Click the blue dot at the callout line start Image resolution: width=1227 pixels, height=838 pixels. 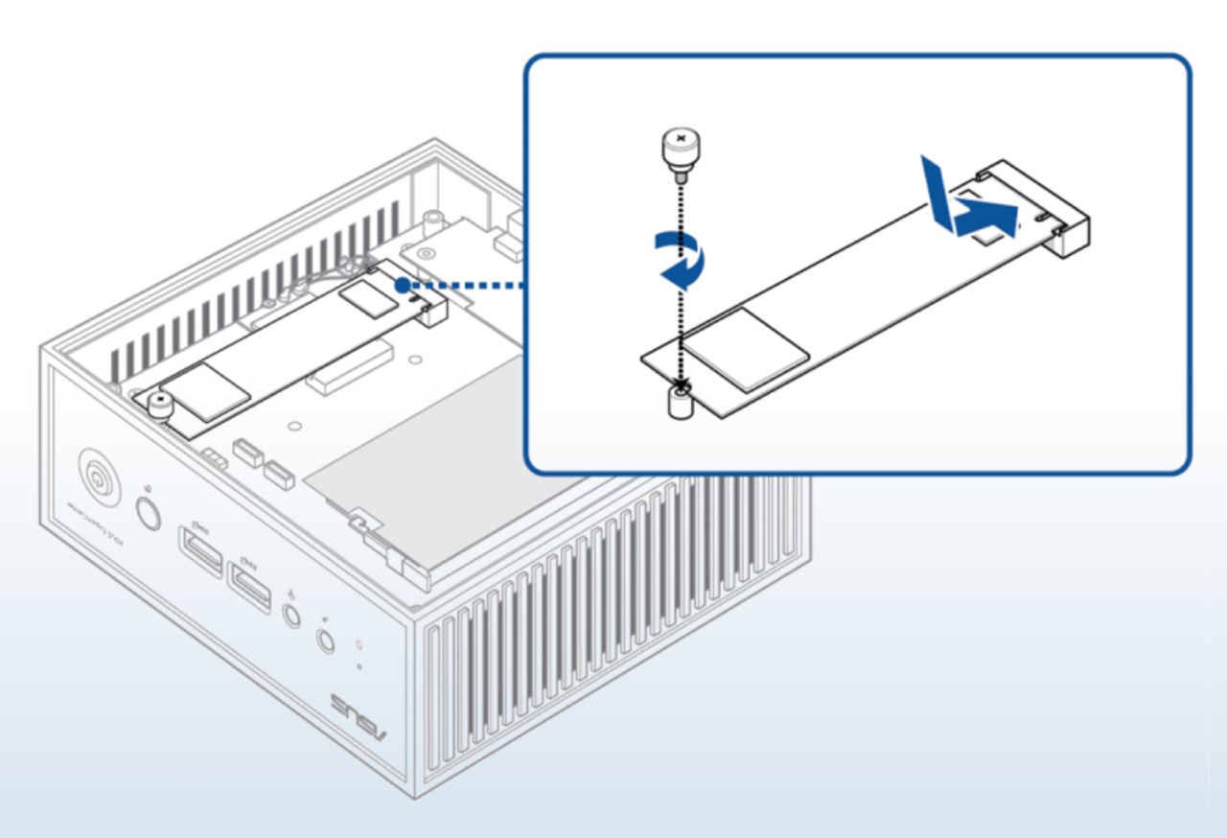coord(403,285)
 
